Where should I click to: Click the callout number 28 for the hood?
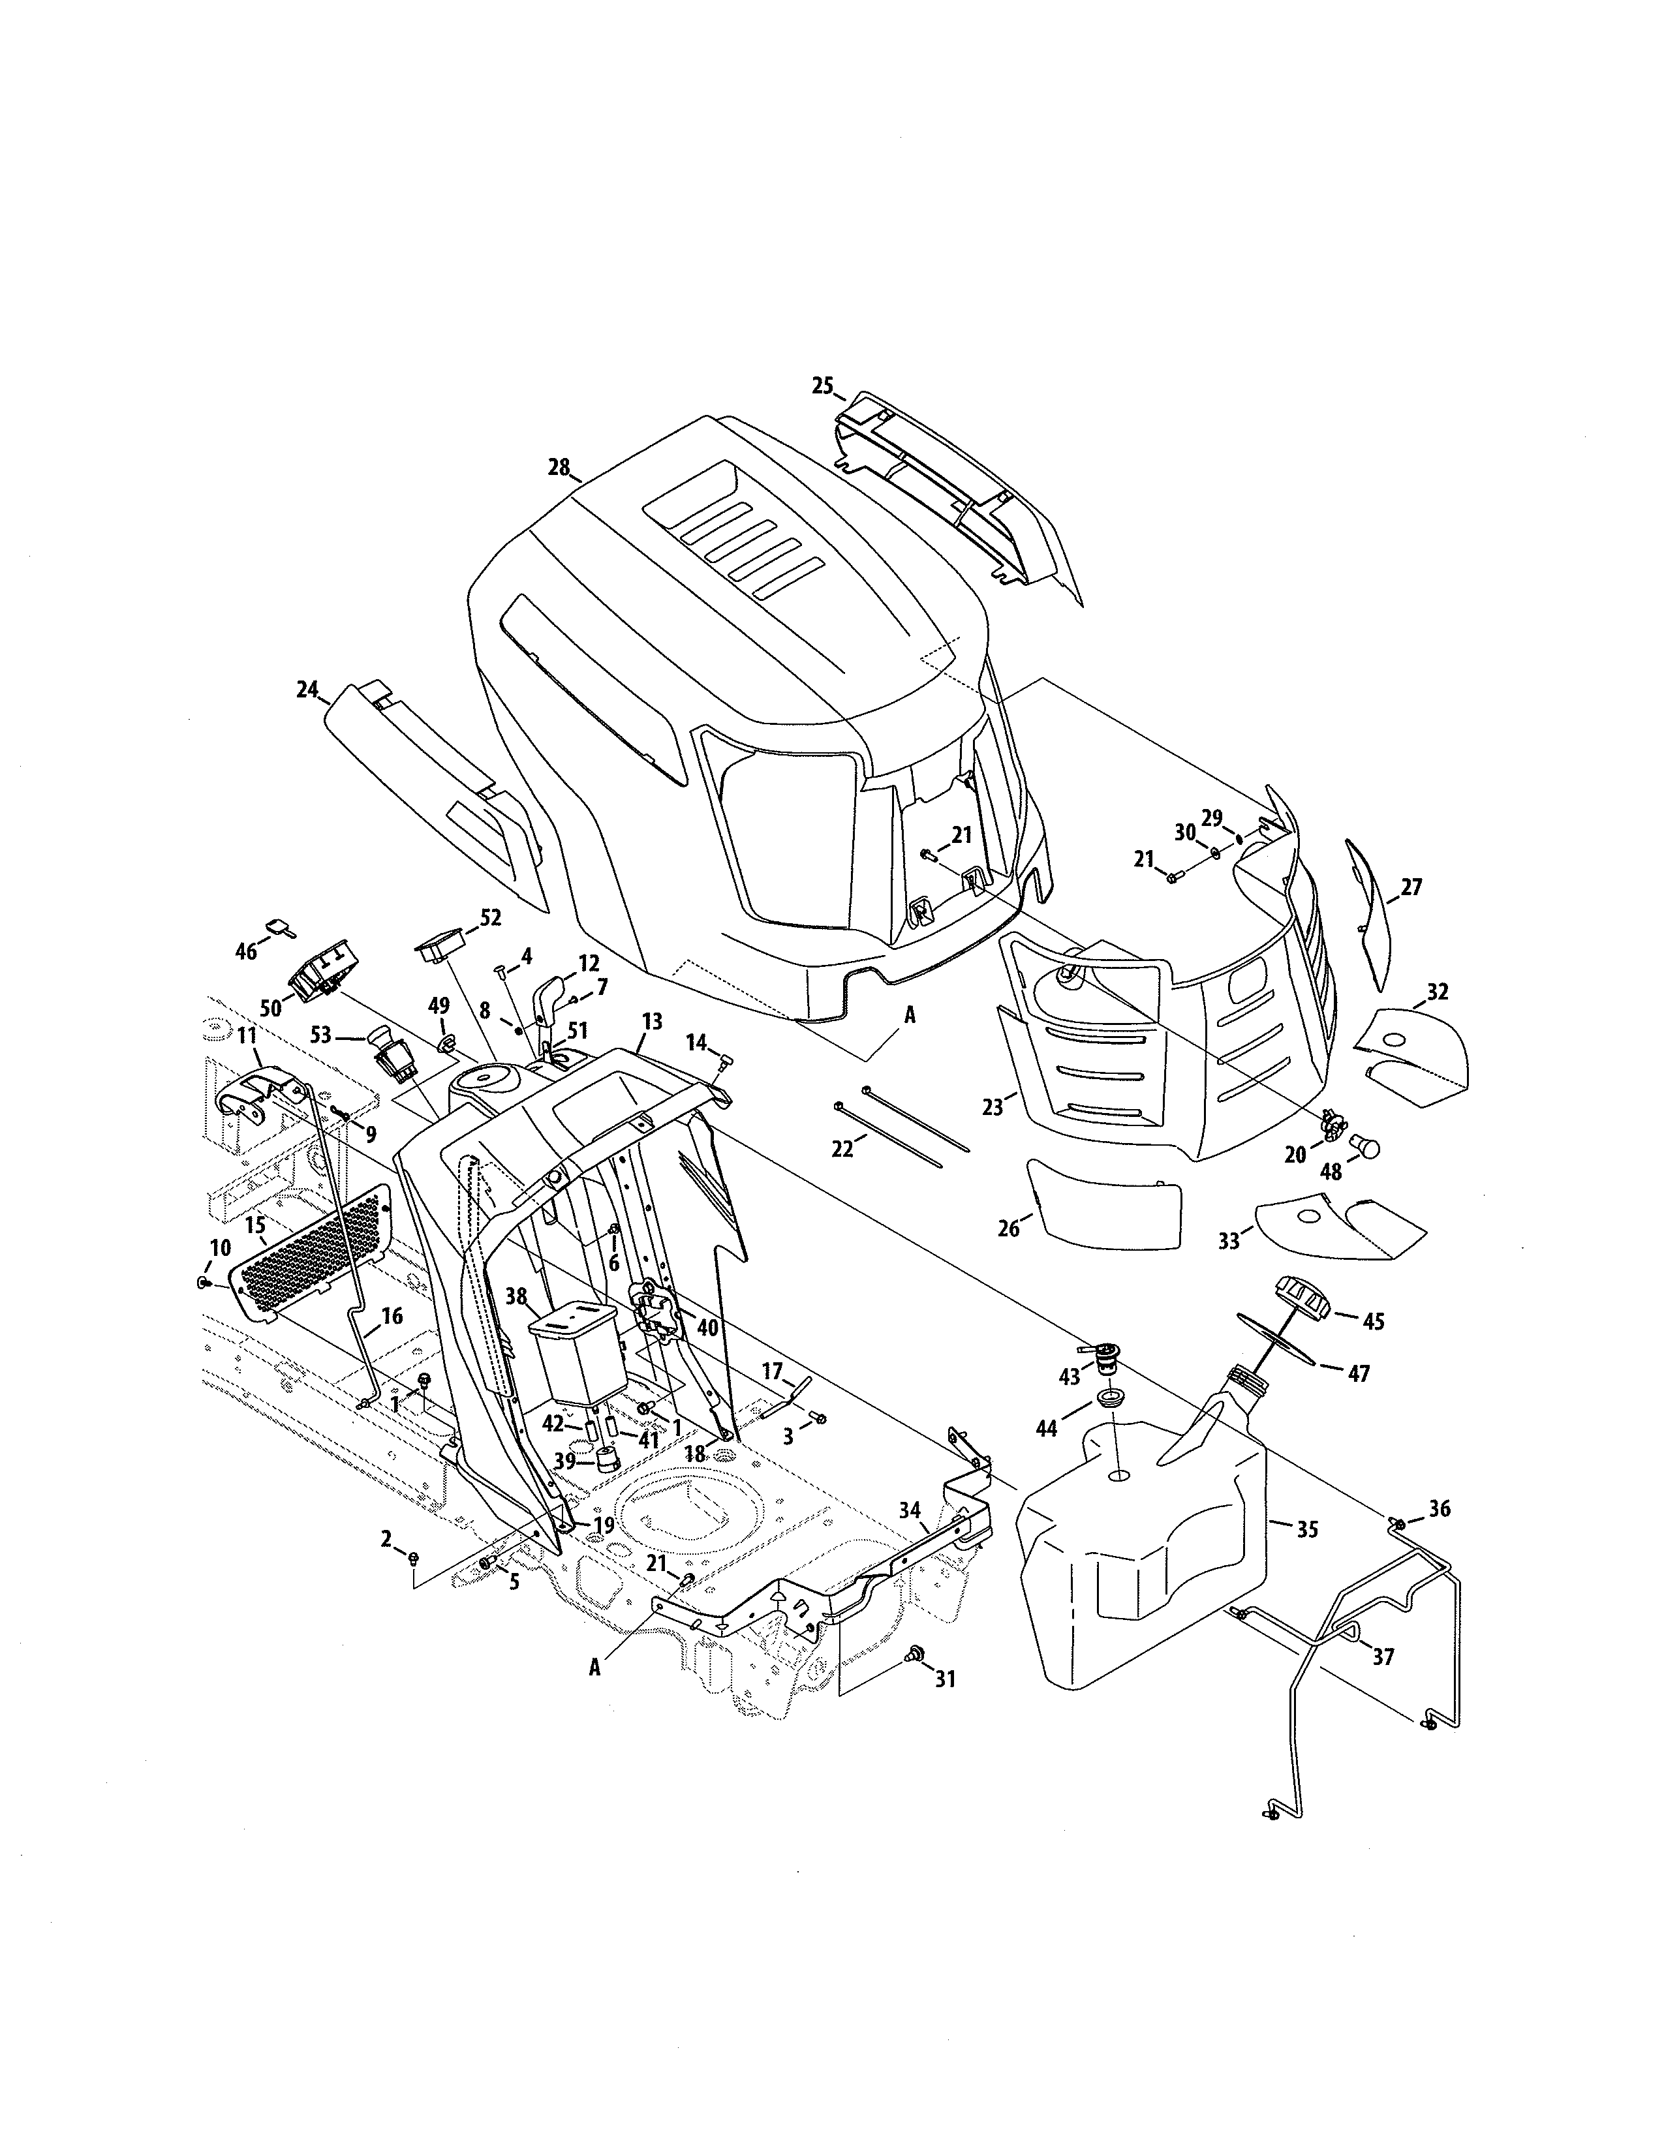click(559, 467)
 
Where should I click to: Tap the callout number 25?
click(822, 386)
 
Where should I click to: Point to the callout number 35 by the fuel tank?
click(1306, 1529)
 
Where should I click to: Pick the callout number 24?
click(307, 689)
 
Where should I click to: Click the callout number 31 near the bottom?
click(944, 1678)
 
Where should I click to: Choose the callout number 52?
click(490, 918)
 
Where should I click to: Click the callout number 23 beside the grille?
click(992, 1107)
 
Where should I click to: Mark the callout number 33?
click(1228, 1241)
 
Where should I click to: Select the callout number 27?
click(1411, 886)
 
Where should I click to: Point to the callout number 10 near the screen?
click(218, 1248)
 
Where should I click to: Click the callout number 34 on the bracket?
click(909, 1509)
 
